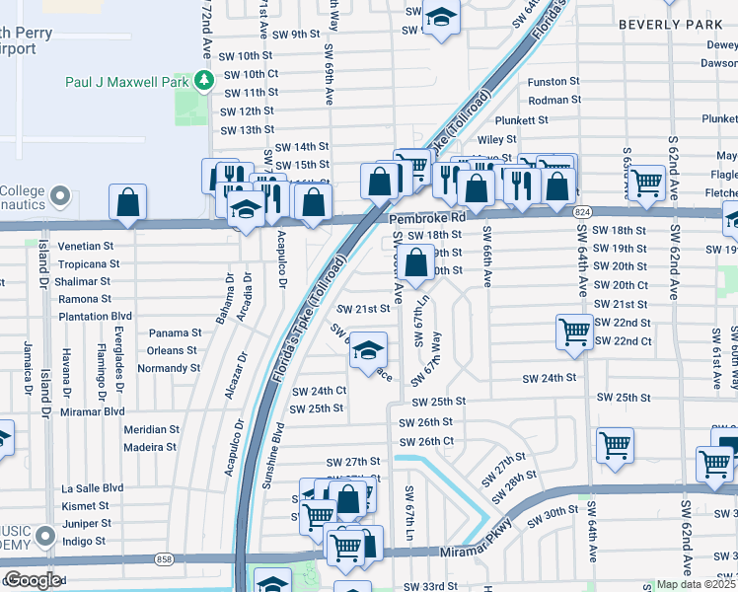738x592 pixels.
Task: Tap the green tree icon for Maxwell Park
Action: (204, 80)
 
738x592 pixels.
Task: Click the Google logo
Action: (33, 580)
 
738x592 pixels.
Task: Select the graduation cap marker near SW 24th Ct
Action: (367, 350)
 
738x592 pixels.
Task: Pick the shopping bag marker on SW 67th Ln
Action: (417, 261)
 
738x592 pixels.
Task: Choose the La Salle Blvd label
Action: (93, 488)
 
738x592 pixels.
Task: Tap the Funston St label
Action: (553, 82)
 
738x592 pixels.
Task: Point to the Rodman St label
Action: (554, 101)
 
